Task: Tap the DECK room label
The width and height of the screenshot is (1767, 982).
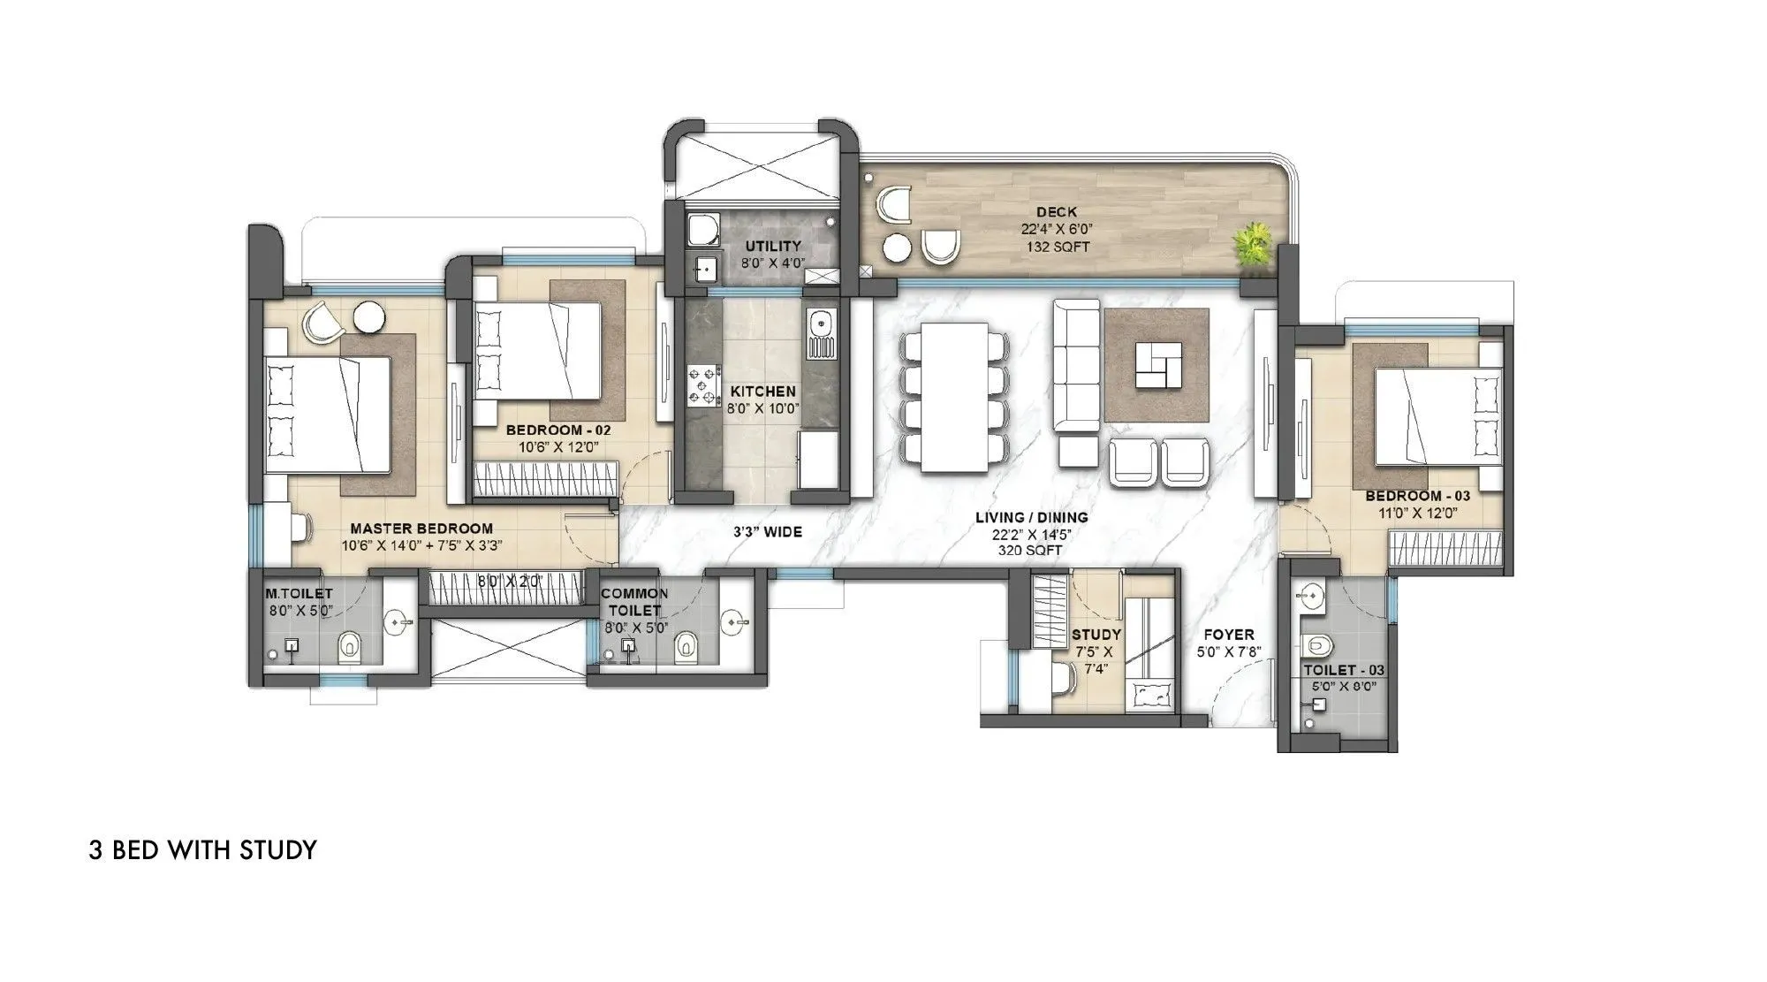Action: coord(1056,212)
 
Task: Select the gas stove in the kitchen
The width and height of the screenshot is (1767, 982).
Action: coord(703,386)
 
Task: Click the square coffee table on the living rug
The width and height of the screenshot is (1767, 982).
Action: coord(1157,366)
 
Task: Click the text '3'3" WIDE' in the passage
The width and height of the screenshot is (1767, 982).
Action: coord(767,532)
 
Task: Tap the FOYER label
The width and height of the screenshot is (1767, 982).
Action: coord(1228,635)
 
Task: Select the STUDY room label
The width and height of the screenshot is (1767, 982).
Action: coord(1096,635)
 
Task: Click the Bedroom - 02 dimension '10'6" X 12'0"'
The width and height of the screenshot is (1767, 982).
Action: coord(558,447)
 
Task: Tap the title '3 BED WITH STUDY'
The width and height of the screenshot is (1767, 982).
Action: coord(202,850)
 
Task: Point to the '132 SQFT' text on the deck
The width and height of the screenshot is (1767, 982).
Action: coord(1057,247)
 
